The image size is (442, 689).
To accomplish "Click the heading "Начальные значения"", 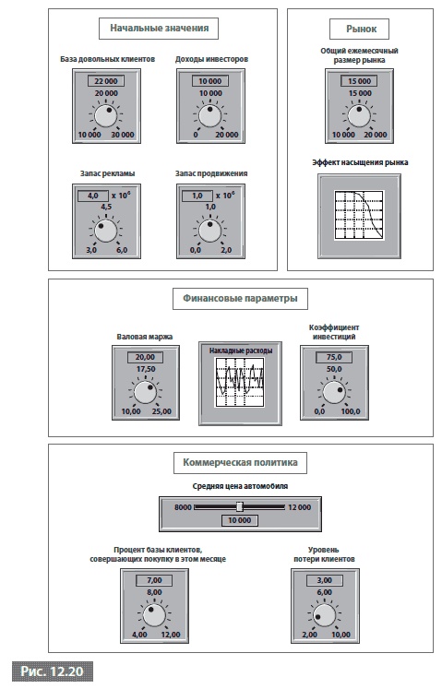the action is [x=159, y=29].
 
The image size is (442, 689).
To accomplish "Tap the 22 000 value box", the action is [x=106, y=81].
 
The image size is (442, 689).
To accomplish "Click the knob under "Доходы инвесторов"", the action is [x=209, y=115].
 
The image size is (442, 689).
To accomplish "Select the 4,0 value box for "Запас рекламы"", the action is [x=93, y=196].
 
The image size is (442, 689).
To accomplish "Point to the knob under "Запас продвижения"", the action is [x=209, y=231].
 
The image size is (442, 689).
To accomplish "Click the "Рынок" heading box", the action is [x=361, y=29].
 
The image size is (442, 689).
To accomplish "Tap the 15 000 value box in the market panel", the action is [x=359, y=81].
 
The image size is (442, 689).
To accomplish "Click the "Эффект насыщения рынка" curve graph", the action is [x=359, y=215].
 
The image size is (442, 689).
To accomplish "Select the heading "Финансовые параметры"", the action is [x=240, y=299].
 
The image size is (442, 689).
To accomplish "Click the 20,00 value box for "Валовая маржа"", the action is [x=145, y=357].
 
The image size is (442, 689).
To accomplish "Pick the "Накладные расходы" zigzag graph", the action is [x=240, y=382].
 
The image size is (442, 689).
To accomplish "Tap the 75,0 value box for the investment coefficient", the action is [x=334, y=357].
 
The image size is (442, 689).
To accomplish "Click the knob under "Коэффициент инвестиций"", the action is [x=334, y=392].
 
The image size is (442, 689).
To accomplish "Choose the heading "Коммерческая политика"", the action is [x=240, y=463].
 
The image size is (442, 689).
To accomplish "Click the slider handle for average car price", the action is [x=240, y=506].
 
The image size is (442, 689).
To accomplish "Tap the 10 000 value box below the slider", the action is [x=239, y=520].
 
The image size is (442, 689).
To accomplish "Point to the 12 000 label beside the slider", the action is [x=299, y=507].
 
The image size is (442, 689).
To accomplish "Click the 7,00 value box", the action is [x=154, y=580].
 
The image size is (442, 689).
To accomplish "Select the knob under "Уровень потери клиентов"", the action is [x=324, y=615].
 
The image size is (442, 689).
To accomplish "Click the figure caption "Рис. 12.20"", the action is [x=53, y=671].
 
